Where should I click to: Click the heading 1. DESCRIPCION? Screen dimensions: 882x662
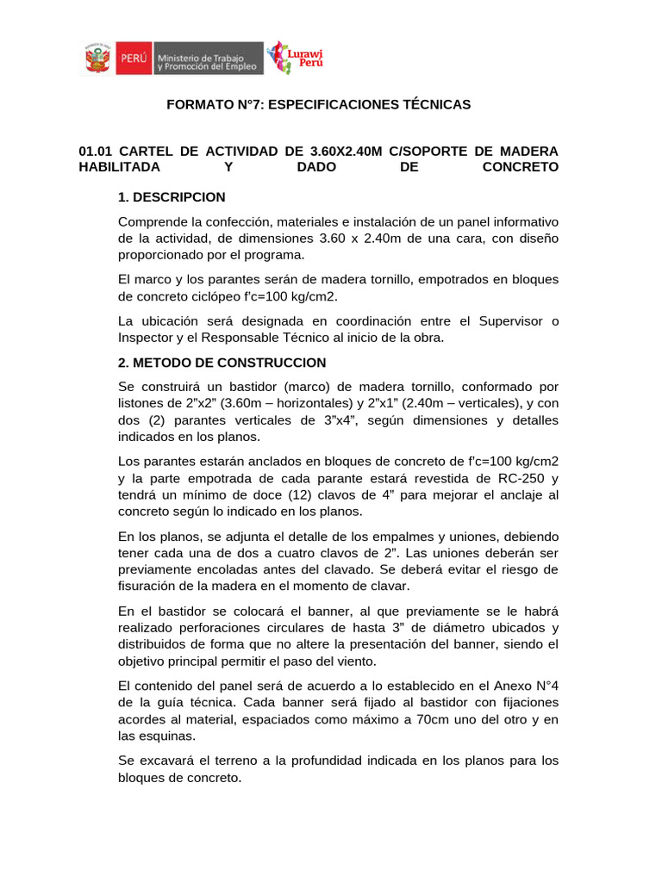172,197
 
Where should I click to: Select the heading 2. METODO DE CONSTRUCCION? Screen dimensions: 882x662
222,362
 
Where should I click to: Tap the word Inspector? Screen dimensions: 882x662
147,338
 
